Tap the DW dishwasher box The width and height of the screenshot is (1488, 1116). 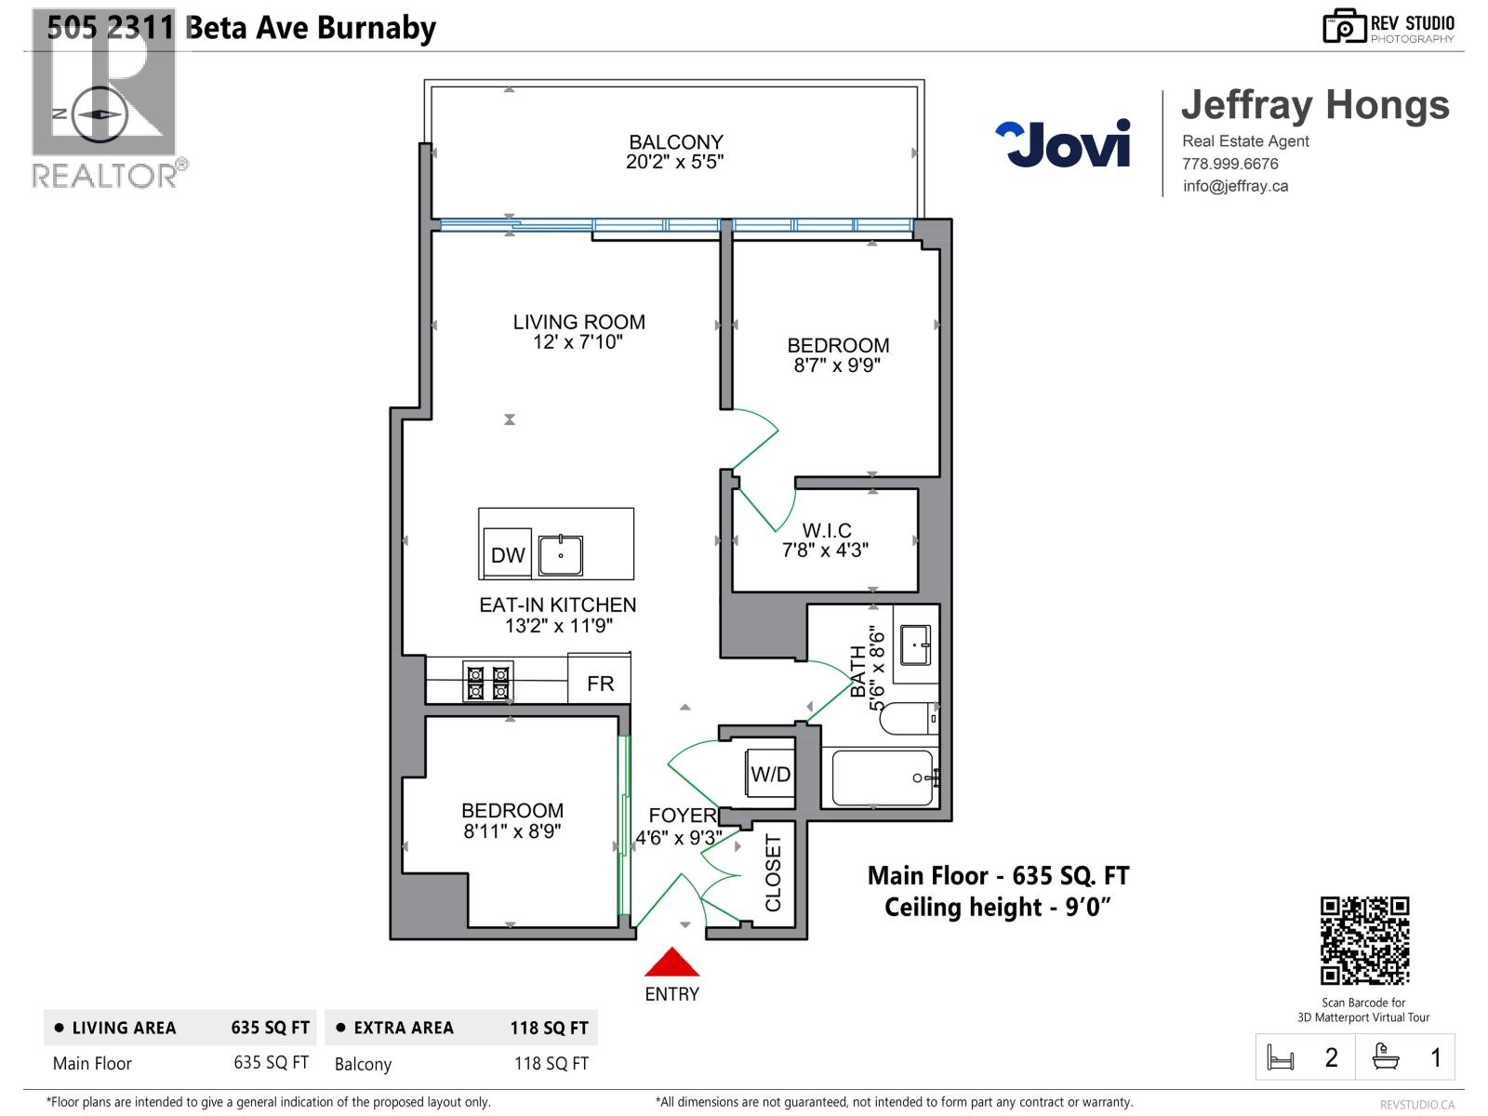[x=508, y=555]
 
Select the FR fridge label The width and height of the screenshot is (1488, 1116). [x=600, y=684]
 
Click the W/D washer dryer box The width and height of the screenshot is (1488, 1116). [x=770, y=774]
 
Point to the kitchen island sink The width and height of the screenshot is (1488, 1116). [x=561, y=555]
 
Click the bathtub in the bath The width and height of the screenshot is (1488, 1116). [x=882, y=777]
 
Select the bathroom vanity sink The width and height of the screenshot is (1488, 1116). [x=915, y=644]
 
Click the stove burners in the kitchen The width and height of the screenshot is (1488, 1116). [x=487, y=682]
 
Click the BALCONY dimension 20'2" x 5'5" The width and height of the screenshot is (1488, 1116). [x=674, y=162]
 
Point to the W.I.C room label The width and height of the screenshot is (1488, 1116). [x=827, y=530]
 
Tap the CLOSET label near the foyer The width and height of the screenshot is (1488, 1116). [x=773, y=872]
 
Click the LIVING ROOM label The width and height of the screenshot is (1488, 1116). [x=578, y=322]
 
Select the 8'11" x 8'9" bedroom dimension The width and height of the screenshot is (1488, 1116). [x=512, y=831]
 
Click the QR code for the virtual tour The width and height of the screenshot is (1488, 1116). [x=1364, y=940]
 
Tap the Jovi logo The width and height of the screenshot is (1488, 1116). [x=1063, y=144]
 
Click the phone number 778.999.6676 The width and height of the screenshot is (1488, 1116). [x=1229, y=164]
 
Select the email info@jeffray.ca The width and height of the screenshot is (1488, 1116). [x=1235, y=186]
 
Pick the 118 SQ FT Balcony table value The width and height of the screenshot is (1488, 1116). [x=551, y=1063]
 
